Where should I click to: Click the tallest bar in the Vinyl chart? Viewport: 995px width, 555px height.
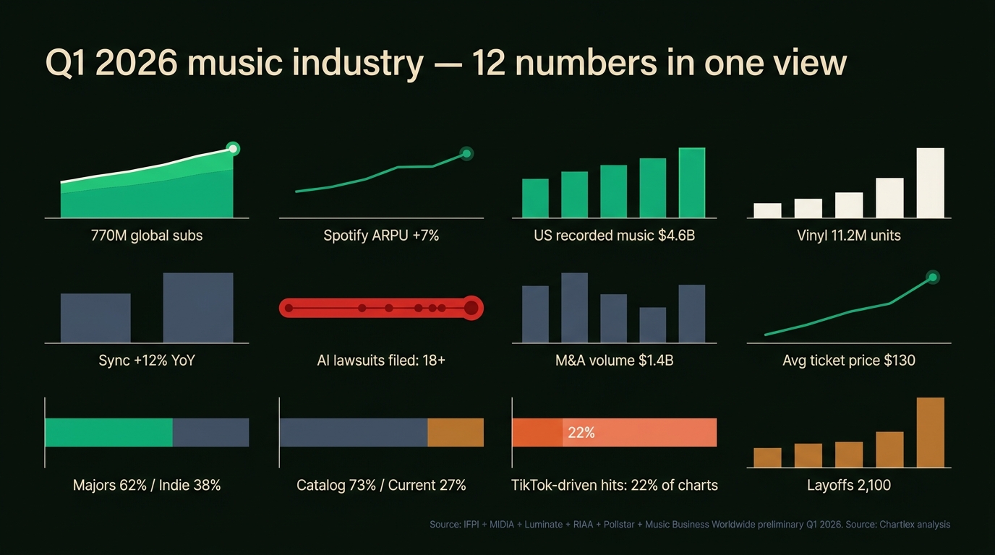930,183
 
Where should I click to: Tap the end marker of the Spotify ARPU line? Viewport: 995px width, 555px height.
466,153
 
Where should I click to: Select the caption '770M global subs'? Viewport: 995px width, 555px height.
147,236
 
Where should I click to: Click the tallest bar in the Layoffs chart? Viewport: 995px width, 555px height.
930,432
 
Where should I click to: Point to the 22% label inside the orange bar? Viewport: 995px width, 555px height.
581,433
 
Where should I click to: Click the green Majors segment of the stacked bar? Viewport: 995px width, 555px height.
108,432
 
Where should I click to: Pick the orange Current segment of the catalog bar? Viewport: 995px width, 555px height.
456,432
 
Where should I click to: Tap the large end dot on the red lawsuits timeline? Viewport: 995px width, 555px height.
471,309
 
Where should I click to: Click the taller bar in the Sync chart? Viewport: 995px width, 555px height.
198,308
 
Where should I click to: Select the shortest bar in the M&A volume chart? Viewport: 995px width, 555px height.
653,325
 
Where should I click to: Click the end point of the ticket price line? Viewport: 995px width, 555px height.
932,277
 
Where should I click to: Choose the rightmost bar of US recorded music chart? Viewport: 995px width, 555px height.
692,183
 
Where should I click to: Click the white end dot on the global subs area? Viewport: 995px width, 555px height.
232,150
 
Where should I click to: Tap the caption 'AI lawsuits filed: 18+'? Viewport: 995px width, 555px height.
381,360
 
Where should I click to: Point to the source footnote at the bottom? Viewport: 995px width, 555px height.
689,525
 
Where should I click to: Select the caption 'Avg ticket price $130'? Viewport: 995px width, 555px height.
848,360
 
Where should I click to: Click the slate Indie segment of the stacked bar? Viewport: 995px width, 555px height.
210,432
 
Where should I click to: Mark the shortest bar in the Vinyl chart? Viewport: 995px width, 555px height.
767,210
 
